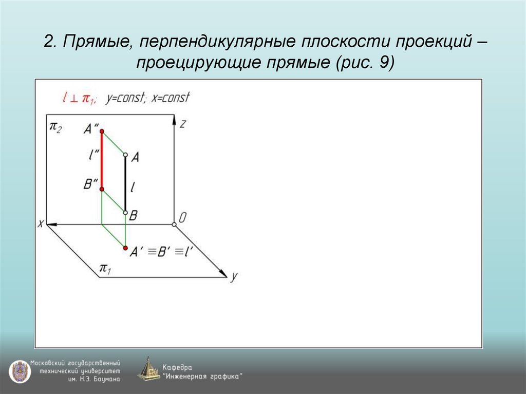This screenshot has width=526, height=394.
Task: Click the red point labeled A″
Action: (x=102, y=132)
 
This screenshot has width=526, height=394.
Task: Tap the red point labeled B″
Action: (x=102, y=190)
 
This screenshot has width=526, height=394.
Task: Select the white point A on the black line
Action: (x=126, y=154)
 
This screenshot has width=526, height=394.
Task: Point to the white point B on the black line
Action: (x=126, y=212)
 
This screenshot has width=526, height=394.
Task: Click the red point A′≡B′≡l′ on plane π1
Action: (x=125, y=248)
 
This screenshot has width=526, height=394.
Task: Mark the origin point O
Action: (x=174, y=224)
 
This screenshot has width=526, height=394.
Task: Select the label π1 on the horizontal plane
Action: (x=106, y=268)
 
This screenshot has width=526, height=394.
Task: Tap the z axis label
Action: (x=182, y=123)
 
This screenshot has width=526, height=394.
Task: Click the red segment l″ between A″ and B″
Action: (x=102, y=161)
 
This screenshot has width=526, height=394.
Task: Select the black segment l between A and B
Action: (x=126, y=183)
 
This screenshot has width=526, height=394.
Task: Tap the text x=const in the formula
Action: (x=171, y=97)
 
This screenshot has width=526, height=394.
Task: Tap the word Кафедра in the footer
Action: (x=177, y=367)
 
